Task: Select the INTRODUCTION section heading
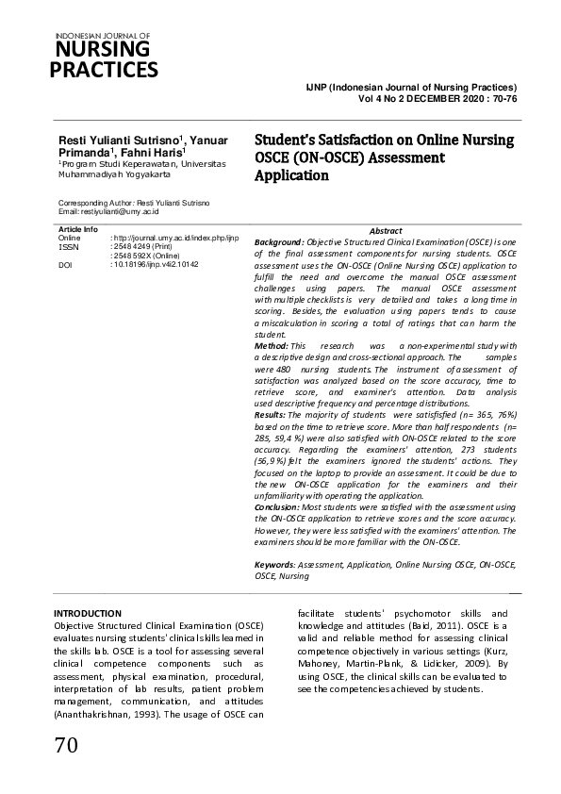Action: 88,613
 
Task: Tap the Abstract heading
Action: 386,230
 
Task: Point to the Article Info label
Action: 77,230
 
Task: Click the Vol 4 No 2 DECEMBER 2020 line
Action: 437,97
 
